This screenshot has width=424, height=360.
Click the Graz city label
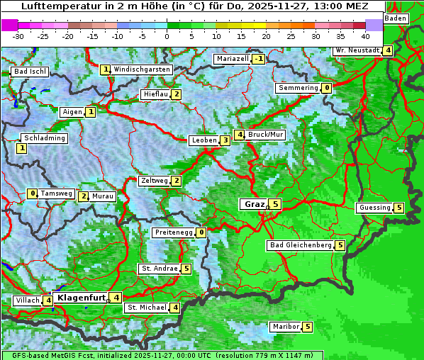tap(253, 204)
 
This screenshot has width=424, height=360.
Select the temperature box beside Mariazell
tap(258, 59)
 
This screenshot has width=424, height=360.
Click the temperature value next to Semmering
tap(326, 88)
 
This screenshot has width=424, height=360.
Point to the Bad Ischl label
tap(30, 72)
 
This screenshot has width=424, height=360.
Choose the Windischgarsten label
tap(142, 69)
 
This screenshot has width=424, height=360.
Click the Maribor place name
tap(284, 327)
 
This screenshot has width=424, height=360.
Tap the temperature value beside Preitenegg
tap(201, 232)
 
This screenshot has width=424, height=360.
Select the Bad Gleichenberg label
tap(301, 245)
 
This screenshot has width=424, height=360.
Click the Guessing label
tap(374, 208)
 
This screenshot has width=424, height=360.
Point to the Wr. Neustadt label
tap(357, 50)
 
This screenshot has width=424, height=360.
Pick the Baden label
tap(396, 18)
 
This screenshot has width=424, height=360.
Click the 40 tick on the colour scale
tap(365, 35)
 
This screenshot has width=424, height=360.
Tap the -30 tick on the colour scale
tap(18, 35)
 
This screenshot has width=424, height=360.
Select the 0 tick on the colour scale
tap(167, 35)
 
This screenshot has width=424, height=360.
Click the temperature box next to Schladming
tap(22, 148)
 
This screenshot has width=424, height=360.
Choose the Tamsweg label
tap(56, 193)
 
